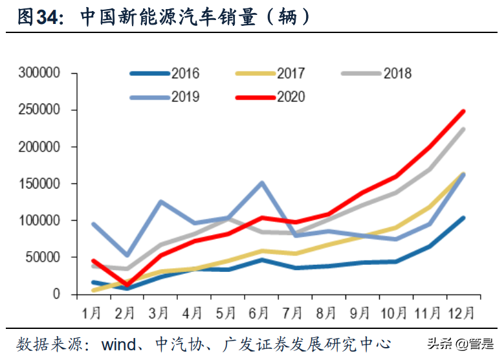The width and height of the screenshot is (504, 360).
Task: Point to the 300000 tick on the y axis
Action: pyautogui.click(x=40, y=73)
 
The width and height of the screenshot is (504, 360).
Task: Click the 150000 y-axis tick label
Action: pyautogui.click(x=40, y=184)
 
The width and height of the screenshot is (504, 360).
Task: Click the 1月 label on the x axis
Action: pyautogui.click(x=92, y=313)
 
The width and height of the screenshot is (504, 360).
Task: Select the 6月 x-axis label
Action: pyautogui.click(x=258, y=313)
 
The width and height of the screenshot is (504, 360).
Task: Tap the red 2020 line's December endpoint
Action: pyautogui.click(x=463, y=111)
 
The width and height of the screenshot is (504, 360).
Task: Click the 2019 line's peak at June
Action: pyautogui.click(x=261, y=183)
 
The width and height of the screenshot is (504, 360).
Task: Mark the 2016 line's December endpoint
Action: pyautogui.click(x=463, y=218)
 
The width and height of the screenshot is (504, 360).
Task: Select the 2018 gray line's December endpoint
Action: pyautogui.click(x=463, y=129)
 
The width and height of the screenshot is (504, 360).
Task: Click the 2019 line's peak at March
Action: pyautogui.click(x=160, y=201)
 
